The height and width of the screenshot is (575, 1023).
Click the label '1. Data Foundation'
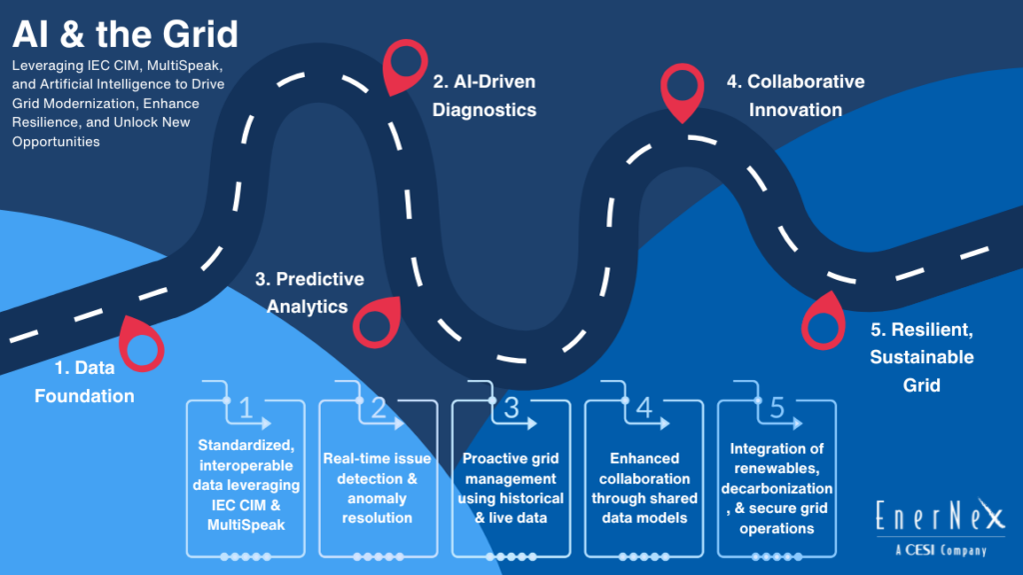[84, 382]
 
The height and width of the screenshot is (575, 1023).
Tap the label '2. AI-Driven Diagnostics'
[485, 96]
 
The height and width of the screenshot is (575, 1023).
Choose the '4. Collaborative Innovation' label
[795, 96]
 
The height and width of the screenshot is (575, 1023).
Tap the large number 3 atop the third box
[511, 408]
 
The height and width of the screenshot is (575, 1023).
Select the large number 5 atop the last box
[777, 408]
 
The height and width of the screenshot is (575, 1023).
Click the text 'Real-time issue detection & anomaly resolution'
[377, 488]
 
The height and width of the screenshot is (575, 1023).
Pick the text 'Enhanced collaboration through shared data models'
[643, 488]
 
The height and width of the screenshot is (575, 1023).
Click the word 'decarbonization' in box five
[775, 489]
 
